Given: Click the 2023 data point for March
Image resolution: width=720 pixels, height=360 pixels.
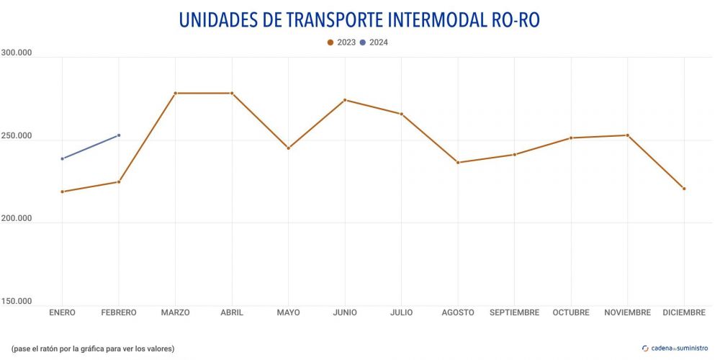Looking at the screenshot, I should (x=175, y=93).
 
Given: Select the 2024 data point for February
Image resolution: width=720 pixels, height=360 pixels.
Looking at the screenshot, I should (x=119, y=135).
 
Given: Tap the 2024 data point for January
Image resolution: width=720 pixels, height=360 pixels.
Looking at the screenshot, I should (x=63, y=158).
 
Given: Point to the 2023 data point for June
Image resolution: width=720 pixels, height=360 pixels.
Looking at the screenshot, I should (x=345, y=100).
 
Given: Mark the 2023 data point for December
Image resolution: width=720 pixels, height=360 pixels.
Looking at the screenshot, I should (x=684, y=189).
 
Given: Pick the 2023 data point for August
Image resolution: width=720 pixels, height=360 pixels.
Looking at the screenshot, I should (x=458, y=163).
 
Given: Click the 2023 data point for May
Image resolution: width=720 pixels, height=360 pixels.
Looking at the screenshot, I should (x=288, y=148).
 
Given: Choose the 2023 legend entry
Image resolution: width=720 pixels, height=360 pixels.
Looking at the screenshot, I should (x=341, y=42).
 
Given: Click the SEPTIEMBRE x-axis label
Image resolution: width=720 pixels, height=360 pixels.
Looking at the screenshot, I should (x=514, y=312).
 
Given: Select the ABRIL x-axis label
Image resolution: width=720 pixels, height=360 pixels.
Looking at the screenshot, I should (x=232, y=312).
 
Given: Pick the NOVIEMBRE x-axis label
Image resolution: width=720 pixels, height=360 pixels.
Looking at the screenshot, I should (x=627, y=312).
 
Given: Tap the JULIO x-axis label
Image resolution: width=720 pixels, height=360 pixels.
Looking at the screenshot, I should (x=401, y=312).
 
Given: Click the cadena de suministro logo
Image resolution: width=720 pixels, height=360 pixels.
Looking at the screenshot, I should (x=674, y=348).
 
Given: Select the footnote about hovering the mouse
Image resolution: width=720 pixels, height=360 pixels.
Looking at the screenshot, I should (x=93, y=348).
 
